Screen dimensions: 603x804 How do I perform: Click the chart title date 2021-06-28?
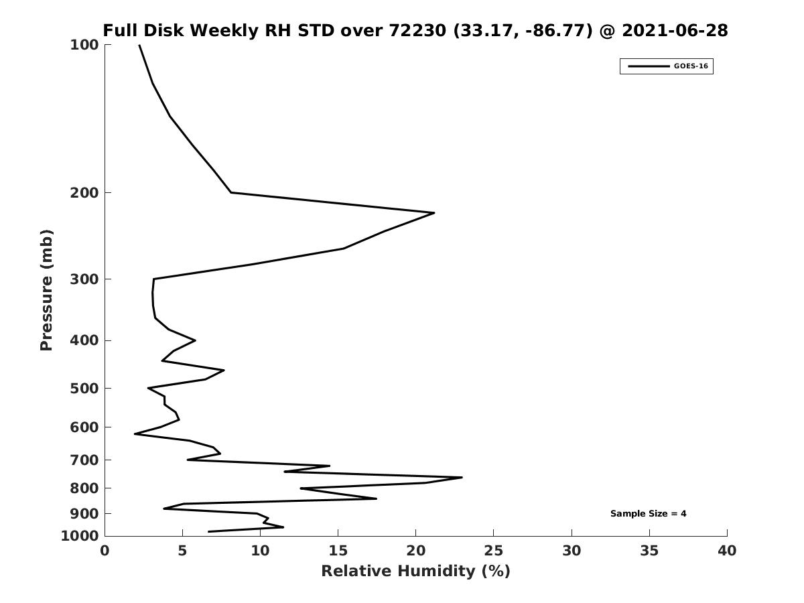coord(675,31)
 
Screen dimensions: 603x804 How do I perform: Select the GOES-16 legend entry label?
coord(691,66)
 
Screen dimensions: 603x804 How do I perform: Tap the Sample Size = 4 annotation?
coord(648,514)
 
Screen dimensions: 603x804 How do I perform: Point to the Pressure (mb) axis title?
coord(46,290)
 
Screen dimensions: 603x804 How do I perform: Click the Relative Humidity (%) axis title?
coord(415,571)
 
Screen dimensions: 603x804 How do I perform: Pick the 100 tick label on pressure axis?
coord(85,45)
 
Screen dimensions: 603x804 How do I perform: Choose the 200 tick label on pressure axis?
coord(85,193)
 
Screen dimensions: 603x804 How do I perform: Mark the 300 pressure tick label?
coord(85,279)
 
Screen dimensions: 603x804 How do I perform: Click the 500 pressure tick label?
coord(85,389)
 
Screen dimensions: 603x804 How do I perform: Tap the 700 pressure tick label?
coord(85,460)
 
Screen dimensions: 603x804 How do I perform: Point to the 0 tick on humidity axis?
coord(105,551)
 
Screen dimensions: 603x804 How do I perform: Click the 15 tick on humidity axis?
coord(338,551)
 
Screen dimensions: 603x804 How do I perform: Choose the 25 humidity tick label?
coord(494,551)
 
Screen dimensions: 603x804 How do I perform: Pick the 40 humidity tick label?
coord(727,551)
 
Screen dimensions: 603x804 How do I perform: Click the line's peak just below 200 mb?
coord(434,213)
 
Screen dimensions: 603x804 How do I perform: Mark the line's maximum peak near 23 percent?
coord(462,478)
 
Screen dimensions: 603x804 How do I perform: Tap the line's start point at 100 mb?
coord(139,46)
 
